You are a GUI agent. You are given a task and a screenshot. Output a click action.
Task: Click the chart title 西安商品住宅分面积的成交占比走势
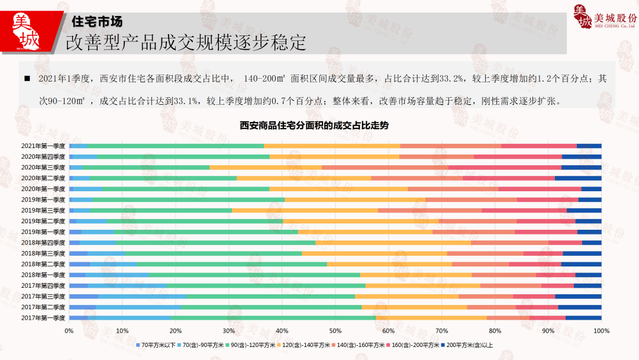[314, 126]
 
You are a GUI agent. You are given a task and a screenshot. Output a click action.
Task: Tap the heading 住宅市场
[96, 21]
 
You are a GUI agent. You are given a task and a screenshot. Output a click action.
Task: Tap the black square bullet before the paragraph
[27, 79]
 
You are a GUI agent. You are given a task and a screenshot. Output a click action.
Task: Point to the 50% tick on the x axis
[335, 330]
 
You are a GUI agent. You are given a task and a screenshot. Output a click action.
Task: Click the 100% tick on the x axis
[601, 330]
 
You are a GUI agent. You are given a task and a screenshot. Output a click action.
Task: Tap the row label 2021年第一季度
[43, 146]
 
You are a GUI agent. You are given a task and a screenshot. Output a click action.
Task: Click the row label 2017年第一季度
[43, 318]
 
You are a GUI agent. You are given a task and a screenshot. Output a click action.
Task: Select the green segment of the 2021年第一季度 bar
[175, 146]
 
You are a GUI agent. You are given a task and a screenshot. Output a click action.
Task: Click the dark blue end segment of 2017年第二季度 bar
[579, 307]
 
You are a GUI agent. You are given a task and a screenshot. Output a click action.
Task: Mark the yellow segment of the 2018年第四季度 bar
[393, 243]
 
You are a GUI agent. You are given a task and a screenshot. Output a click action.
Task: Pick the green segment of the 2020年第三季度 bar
[146, 168]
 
